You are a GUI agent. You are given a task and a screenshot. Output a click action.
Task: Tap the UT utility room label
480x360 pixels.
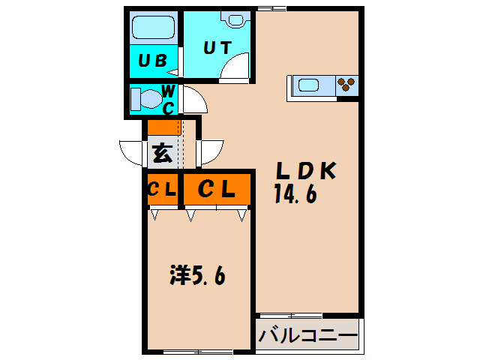pyautogui.click(x=217, y=46)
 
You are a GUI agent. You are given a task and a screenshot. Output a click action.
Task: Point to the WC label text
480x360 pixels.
pyautogui.click(x=169, y=98)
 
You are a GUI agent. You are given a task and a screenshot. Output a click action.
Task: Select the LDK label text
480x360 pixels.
pyautogui.click(x=305, y=172)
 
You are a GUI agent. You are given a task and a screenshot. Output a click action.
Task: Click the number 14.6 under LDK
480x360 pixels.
pyautogui.click(x=296, y=194)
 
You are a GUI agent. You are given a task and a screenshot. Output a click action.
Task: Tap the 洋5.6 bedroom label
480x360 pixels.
pyautogui.click(x=196, y=275)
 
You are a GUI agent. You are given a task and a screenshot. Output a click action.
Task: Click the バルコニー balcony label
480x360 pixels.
pyautogui.click(x=307, y=335)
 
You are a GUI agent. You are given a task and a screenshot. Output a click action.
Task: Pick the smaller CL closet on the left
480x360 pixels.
pyautogui.click(x=161, y=190)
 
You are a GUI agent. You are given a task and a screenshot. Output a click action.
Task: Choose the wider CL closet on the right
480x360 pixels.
pyautogui.click(x=216, y=190)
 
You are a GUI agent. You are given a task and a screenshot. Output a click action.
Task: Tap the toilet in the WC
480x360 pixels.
pyautogui.click(x=144, y=99)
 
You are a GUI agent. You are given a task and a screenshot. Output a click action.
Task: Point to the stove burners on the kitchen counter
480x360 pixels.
pyautogui.click(x=346, y=84)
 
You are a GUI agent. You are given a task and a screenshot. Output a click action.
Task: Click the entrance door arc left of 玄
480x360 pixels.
pyautogui.click(x=132, y=153)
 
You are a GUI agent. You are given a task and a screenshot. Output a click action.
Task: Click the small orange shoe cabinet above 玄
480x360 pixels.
pyautogui.click(x=163, y=127)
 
